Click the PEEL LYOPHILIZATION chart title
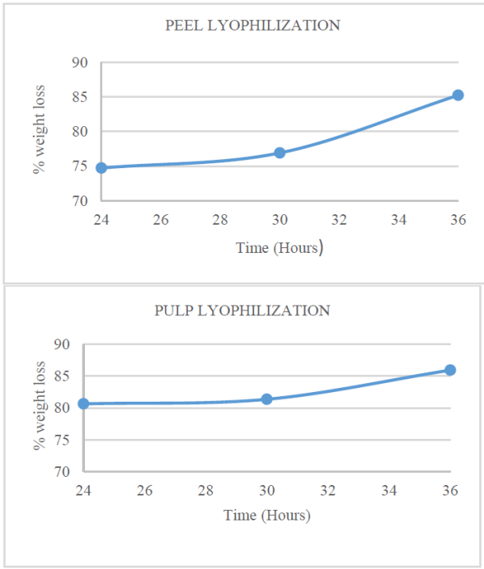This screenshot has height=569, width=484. click(253, 25)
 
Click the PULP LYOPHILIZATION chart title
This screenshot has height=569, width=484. click(242, 310)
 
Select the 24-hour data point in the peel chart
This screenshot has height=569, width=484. click(101, 168)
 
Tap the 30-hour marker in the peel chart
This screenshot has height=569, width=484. click(279, 153)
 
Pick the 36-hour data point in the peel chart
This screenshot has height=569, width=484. click(457, 95)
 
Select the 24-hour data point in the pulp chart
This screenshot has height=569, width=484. click(83, 403)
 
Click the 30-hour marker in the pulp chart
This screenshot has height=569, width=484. click(266, 399)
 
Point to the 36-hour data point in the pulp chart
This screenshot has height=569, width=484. click(450, 370)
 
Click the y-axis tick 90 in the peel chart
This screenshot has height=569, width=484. click(79, 63)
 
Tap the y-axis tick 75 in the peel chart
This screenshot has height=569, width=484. click(79, 166)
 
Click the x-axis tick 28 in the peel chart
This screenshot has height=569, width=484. click(220, 219)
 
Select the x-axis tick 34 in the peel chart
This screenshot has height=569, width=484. click(398, 219)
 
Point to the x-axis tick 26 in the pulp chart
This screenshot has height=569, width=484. click(144, 491)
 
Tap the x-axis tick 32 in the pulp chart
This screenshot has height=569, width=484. click(328, 491)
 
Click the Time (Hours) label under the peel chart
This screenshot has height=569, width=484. click(279, 248)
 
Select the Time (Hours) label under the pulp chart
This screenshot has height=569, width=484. click(266, 515)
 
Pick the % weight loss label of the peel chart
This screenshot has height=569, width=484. click(40, 132)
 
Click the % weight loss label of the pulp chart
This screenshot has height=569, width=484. click(38, 407)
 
